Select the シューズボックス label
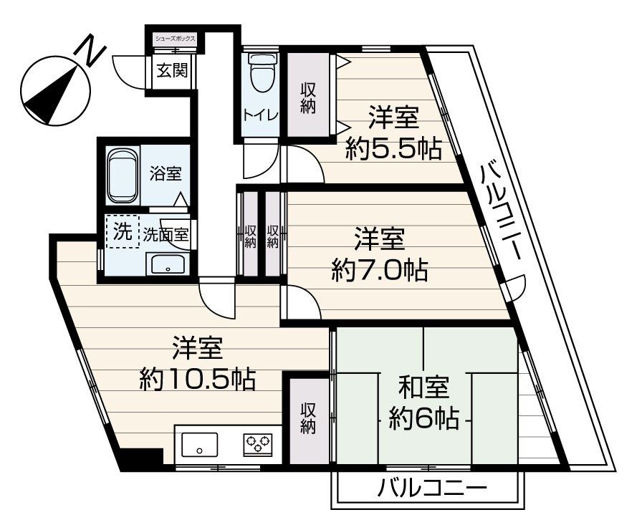[176, 38]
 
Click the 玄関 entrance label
[173, 71]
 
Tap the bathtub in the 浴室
[122, 173]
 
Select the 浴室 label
[166, 173]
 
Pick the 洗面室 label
[166, 233]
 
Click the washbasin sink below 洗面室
[168, 266]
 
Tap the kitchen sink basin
[200, 445]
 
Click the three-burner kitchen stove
[257, 445]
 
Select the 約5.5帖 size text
[393, 149]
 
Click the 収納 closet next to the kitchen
[308, 417]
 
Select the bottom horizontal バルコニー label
[433, 491]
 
